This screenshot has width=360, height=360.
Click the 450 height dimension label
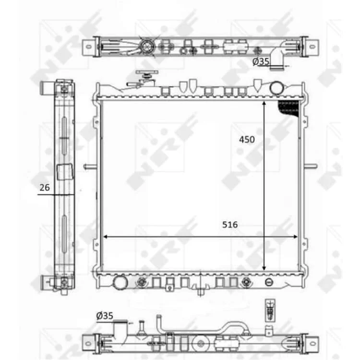coord(247,139)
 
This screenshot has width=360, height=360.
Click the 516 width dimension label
coord(230,225)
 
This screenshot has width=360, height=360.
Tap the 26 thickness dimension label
coord(45,188)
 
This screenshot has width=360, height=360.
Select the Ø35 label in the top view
coord(261,61)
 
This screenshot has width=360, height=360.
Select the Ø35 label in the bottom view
coord(105,316)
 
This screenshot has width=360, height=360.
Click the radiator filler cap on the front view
coord(147,76)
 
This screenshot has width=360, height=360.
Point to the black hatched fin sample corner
coord(289,108)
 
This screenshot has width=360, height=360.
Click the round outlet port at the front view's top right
coord(276,88)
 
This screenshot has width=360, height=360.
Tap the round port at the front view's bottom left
coord(120,282)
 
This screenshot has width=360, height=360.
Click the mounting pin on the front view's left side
coord(90,166)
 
